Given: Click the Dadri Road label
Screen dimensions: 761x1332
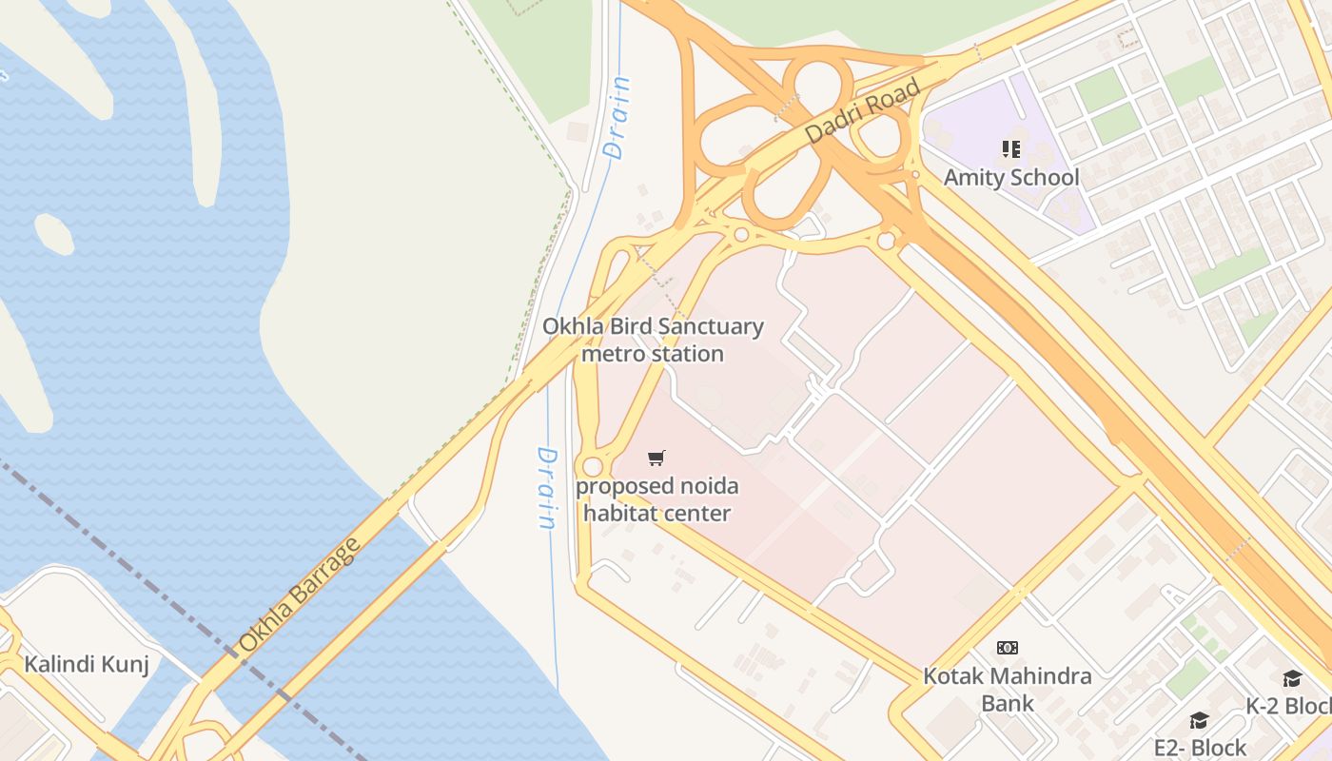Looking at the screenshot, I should [863, 112].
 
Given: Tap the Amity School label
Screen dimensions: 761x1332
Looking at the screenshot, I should [1010, 177].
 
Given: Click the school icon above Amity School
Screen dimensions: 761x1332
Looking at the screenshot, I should [1010, 149].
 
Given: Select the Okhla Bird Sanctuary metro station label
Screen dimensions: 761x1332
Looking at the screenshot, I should [653, 340].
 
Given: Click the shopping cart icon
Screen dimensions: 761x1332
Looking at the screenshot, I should [656, 459].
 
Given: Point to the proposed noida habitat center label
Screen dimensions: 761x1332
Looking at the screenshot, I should [656, 499].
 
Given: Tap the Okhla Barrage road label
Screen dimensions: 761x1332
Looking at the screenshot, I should [300, 595].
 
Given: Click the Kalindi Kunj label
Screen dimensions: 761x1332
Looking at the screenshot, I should [87, 664].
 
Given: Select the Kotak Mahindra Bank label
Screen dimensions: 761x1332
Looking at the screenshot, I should [1008, 689].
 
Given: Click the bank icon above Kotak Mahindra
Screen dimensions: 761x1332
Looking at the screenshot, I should [1008, 648].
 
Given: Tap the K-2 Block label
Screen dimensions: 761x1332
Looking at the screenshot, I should [1289, 706].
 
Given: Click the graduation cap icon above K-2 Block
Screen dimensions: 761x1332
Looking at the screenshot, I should [1292, 678].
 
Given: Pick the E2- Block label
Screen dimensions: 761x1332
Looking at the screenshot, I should [1200, 747].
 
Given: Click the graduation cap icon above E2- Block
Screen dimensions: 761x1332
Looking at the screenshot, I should [1199, 721].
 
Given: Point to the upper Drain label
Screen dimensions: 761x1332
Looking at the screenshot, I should [617, 117].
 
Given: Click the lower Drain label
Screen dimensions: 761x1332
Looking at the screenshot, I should [546, 488].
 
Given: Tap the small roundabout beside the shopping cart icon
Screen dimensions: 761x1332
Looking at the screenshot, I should [594, 467].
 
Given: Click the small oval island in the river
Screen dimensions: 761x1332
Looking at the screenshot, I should [54, 234].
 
